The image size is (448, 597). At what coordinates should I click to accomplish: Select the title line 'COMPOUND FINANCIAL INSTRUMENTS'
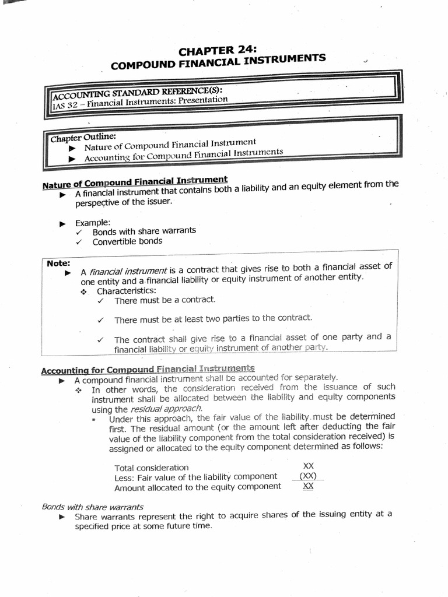coord(218,62)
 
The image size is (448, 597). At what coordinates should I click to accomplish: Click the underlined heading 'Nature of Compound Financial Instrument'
coord(135,181)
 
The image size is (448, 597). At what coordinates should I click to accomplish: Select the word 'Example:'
coord(92,223)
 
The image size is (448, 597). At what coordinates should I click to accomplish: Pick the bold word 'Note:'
coord(58,263)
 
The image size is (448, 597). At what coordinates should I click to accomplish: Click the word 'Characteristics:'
coord(126,290)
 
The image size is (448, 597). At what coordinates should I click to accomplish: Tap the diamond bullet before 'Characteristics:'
coord(84,292)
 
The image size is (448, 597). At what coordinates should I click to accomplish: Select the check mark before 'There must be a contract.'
coord(101,301)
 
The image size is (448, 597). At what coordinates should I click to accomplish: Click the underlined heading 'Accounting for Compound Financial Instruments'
coord(148,370)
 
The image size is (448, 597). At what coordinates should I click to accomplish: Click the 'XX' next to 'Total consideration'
coord(309,466)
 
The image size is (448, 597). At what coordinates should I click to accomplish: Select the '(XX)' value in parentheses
coord(308,476)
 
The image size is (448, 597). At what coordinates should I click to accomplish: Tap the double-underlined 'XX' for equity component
coord(309,486)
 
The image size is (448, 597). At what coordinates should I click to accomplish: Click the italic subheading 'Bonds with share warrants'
coord(93,507)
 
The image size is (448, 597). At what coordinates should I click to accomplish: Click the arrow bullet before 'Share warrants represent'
coord(62,517)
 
